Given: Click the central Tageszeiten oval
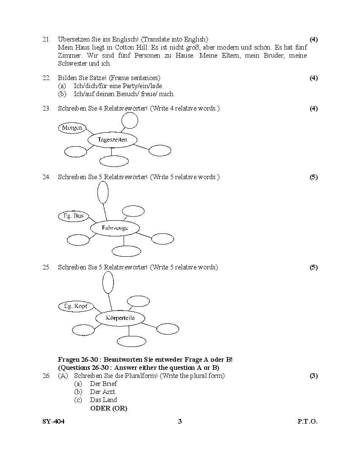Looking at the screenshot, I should (x=112, y=139).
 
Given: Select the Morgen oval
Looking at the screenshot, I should (x=72, y=128).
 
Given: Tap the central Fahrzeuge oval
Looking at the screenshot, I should (x=115, y=228).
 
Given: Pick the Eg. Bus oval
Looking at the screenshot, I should (x=74, y=216).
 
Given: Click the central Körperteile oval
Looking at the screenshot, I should (x=120, y=318).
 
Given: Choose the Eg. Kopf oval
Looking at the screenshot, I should (x=75, y=306).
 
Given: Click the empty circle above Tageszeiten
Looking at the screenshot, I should (x=130, y=120).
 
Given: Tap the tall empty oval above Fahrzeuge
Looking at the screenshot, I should (x=103, y=192).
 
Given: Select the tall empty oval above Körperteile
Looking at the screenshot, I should (x=108, y=282).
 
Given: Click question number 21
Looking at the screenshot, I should (x=46, y=39).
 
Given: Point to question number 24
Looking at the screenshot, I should (x=46, y=177).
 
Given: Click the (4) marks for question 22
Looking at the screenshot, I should (x=313, y=78).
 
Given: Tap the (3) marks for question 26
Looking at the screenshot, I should (x=313, y=376).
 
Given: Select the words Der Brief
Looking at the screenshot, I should (x=103, y=384).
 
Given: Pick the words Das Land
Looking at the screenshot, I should (x=103, y=400).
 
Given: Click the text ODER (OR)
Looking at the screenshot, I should (x=108, y=408).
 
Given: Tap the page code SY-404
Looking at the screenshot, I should (x=53, y=422).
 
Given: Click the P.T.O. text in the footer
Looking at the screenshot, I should (x=307, y=422).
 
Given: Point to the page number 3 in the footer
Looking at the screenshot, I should (x=180, y=422).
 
